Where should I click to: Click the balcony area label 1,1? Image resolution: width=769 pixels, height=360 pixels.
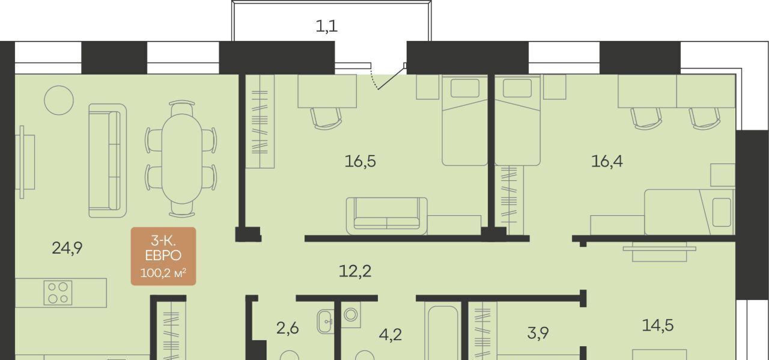(x=326, y=26)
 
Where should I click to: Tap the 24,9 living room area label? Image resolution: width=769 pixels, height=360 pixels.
(x=67, y=248)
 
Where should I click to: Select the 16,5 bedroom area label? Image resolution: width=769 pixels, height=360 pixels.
(x=360, y=161)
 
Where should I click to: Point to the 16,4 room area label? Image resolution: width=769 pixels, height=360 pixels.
(x=607, y=160)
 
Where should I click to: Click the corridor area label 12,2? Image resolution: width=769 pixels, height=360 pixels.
(x=355, y=271)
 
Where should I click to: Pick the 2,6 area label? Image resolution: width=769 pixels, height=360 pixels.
(x=287, y=328)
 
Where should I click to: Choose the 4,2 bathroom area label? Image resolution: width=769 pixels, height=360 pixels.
(x=391, y=334)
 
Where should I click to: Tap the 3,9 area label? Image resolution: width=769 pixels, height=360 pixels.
(x=538, y=332)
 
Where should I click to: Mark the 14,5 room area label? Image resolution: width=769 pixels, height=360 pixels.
(x=658, y=325)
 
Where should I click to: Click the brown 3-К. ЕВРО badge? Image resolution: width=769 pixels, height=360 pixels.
(x=163, y=256)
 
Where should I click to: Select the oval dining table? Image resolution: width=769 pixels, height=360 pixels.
(x=182, y=159)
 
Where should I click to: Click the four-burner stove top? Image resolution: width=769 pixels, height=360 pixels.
(x=58, y=293)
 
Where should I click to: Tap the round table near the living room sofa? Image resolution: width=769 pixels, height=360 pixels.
(x=59, y=100)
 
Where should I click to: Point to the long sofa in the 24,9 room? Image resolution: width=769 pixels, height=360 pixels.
(x=108, y=160)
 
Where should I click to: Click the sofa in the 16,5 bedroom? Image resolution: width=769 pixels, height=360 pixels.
(x=386, y=216)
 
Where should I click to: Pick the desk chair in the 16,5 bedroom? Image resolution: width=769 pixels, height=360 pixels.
(x=326, y=118)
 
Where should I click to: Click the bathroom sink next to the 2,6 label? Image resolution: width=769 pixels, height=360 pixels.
(x=326, y=322)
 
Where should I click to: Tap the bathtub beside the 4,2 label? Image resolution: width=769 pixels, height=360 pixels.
(x=443, y=332)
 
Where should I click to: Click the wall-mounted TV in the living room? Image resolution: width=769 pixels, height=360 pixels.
(x=22, y=162)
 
